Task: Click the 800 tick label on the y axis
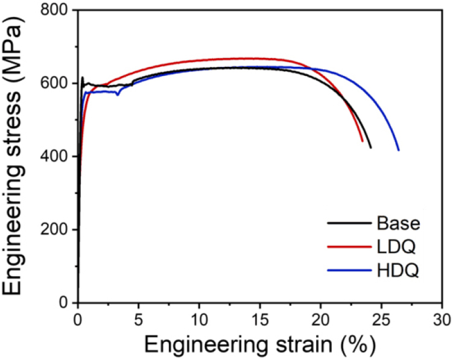point(55,10)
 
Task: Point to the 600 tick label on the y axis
point(55,83)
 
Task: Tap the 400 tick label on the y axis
point(55,157)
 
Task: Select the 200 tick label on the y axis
point(55,230)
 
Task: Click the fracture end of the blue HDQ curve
point(398,150)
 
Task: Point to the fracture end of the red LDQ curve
point(363,141)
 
